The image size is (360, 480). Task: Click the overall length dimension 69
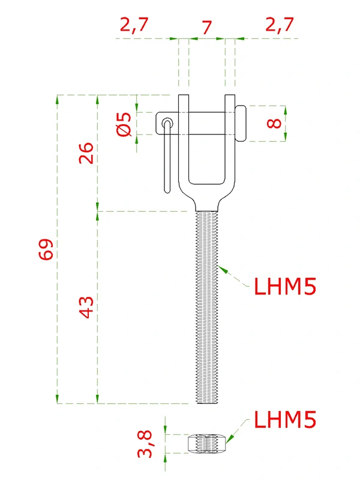point(46,249)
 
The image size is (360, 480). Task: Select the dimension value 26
point(86,153)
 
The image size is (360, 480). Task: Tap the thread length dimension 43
point(86,307)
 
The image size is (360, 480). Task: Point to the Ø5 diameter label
point(125,124)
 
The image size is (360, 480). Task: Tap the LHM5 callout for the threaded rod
point(284,286)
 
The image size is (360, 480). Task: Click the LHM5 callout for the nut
point(284,419)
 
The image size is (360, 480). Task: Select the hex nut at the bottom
point(208,444)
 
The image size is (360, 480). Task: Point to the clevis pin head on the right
point(240,124)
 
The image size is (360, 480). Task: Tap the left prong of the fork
point(184,144)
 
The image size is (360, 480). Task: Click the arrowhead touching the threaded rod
point(223,268)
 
